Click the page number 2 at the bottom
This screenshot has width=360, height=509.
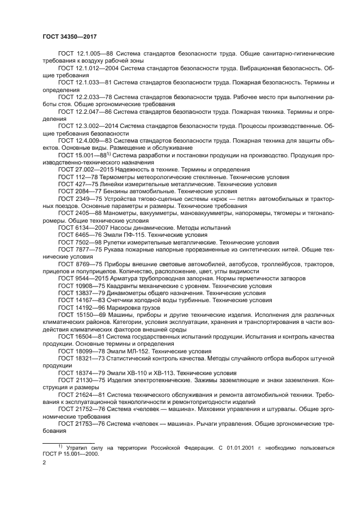point(44,463)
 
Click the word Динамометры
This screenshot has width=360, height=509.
point(129,292)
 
